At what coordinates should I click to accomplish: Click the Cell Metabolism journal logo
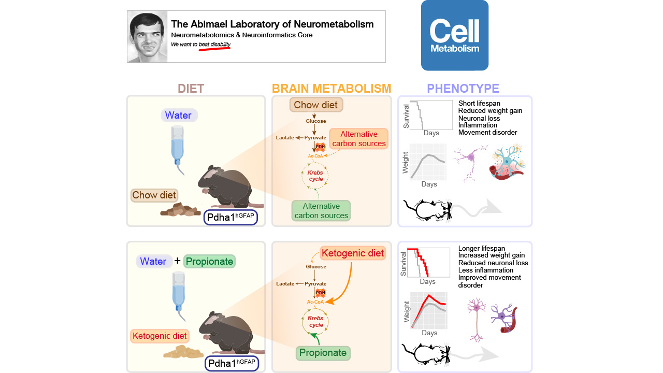point(454,35)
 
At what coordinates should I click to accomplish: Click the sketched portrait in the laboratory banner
point(147,36)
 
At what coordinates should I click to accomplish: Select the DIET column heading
point(191,89)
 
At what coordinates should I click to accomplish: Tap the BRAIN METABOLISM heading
point(331,89)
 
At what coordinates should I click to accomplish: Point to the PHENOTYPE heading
point(463,89)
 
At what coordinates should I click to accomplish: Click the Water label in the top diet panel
point(178,115)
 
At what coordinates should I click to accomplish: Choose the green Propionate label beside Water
point(209,261)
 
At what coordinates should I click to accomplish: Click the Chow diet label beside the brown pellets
point(154,195)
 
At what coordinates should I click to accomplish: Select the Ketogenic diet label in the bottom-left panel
point(160,336)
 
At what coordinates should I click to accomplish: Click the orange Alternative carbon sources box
point(358,139)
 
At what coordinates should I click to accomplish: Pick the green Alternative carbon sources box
point(321,211)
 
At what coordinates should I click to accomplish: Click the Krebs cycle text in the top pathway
point(316,175)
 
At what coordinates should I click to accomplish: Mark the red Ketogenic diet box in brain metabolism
point(353,253)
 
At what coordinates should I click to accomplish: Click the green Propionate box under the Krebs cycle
point(323,353)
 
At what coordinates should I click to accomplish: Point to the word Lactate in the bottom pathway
point(285,284)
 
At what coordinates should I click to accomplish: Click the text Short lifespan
point(479,104)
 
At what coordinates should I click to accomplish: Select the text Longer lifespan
point(481,248)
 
